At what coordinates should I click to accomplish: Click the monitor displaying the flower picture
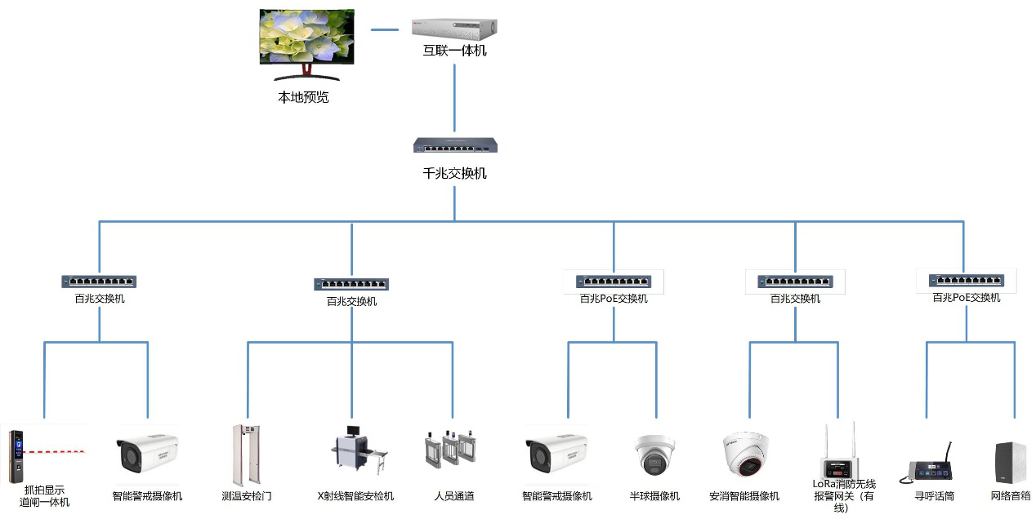pyautogui.click(x=307, y=39)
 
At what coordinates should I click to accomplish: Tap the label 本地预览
pyautogui.click(x=303, y=97)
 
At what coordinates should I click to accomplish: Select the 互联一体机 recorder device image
pyautogui.click(x=454, y=28)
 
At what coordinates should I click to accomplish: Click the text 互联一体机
pyautogui.click(x=454, y=51)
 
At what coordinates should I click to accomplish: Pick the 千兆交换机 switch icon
pyautogui.click(x=455, y=146)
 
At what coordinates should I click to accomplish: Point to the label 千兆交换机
pyautogui.click(x=455, y=173)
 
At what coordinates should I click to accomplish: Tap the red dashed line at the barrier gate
pyautogui.click(x=57, y=451)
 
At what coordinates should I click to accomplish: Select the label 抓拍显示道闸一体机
pyautogui.click(x=45, y=496)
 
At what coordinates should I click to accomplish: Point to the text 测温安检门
pyautogui.click(x=246, y=495)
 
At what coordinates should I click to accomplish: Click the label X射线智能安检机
pyautogui.click(x=355, y=495)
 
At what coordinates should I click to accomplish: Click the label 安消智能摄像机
pyautogui.click(x=744, y=495)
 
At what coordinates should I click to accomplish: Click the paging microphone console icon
pyautogui.click(x=932, y=466)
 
